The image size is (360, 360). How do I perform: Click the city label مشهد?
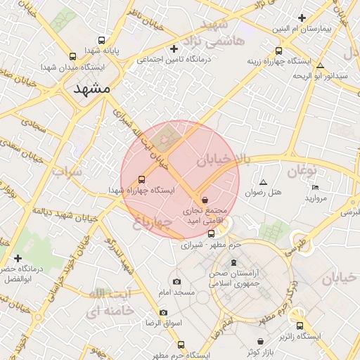92,89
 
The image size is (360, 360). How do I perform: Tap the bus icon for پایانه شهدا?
102,40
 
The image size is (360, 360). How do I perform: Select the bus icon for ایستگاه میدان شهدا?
72,56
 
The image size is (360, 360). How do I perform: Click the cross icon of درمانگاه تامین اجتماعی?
174,49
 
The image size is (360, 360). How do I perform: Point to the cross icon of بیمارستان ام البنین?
302,18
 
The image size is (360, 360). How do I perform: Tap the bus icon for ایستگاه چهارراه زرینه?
279,51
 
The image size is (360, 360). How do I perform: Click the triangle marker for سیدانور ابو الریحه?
320,64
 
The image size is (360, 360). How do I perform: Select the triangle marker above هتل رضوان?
263,181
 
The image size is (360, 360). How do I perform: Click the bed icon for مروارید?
315,187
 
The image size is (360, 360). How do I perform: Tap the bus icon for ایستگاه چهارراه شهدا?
141,179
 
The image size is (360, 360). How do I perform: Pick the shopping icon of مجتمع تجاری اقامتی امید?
205,200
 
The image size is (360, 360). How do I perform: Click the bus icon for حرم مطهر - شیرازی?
211,233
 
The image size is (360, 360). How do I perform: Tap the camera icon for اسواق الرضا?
164,312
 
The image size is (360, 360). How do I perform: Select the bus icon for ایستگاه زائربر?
300,326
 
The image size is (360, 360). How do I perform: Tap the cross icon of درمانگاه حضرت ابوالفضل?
18,259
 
